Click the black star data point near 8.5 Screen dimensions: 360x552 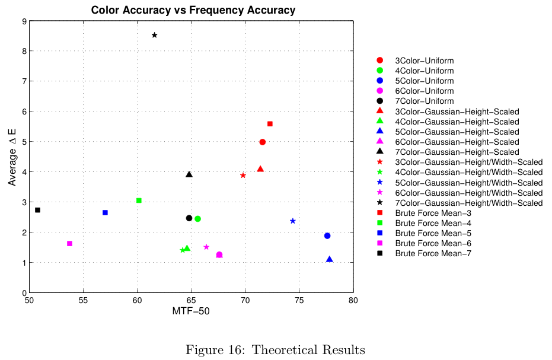click(x=155, y=35)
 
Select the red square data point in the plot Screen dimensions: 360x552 click(x=270, y=124)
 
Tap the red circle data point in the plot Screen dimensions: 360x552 click(x=263, y=142)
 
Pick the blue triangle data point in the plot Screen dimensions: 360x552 click(x=330, y=259)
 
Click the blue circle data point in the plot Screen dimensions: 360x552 click(x=327, y=236)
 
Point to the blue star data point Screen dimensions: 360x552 click(x=293, y=221)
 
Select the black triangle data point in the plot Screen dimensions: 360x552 click(x=189, y=174)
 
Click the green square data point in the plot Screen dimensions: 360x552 click(x=139, y=200)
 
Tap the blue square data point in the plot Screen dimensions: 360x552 click(x=105, y=212)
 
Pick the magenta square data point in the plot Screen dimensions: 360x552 click(x=69, y=244)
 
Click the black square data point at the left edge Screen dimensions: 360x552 click(x=37, y=210)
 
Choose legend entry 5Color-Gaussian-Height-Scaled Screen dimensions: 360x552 click(x=457, y=132)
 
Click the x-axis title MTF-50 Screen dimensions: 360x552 click(x=191, y=311)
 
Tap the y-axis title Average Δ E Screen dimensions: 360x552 click(x=12, y=157)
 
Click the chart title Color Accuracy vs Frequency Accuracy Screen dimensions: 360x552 click(x=193, y=10)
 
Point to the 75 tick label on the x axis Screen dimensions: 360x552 click(x=299, y=301)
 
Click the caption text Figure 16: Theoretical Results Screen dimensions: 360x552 click(x=275, y=350)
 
